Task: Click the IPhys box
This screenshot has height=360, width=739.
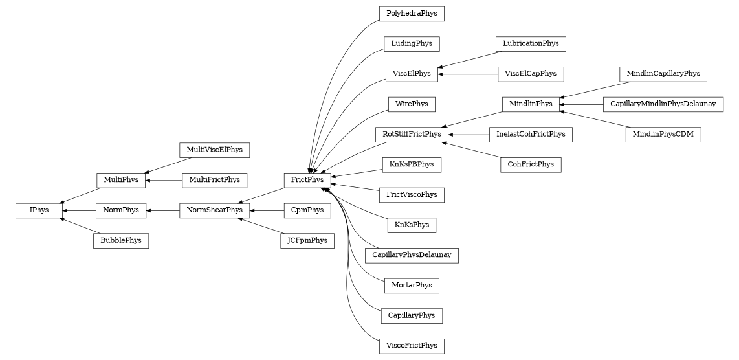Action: pyautogui.click(x=39, y=210)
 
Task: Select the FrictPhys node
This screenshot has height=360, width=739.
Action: pyautogui.click(x=308, y=179)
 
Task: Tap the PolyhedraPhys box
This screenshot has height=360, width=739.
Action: pyautogui.click(x=412, y=13)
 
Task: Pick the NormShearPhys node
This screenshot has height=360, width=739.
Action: pyautogui.click(x=215, y=210)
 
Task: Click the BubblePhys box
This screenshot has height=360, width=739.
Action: pyautogui.click(x=121, y=241)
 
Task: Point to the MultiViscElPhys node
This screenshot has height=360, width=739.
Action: pyautogui.click(x=214, y=150)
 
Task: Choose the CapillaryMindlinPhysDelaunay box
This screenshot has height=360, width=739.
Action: pyautogui.click(x=663, y=104)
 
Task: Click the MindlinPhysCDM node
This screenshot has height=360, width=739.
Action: pyautogui.click(x=663, y=135)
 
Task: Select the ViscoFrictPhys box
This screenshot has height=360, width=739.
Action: pyautogui.click(x=412, y=346)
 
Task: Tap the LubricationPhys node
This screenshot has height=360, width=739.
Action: pyautogui.click(x=531, y=44)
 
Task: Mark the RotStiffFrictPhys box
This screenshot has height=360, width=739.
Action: pyautogui.click(x=412, y=135)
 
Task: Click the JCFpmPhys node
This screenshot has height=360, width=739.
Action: pyautogui.click(x=308, y=241)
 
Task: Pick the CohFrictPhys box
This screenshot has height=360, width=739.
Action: pyautogui.click(x=531, y=164)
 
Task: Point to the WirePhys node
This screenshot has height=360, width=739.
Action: pyautogui.click(x=412, y=104)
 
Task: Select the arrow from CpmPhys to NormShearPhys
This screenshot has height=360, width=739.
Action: pyautogui.click(x=267, y=210)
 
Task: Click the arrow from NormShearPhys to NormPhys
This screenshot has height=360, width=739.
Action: pyautogui.click(x=162, y=210)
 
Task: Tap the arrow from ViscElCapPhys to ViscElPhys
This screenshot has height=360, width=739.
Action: pyautogui.click(x=468, y=74)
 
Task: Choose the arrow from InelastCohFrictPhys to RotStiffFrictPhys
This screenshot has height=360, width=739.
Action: pyautogui.click(x=469, y=135)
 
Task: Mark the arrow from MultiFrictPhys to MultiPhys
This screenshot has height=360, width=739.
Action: pyautogui.click(x=164, y=179)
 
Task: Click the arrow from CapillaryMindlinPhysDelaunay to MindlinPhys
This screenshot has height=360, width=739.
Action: pyautogui.click(x=582, y=104)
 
